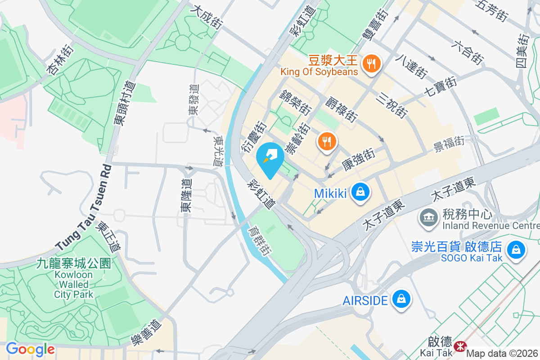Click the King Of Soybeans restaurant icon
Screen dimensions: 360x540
point(372,63)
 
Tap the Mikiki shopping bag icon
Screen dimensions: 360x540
point(360,193)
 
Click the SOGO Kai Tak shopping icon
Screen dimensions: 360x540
point(516,249)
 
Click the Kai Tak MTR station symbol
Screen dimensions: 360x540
point(460,346)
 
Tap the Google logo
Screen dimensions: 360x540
point(30,349)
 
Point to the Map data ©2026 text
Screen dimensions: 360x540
point(502,354)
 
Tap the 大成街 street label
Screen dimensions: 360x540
point(207,18)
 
